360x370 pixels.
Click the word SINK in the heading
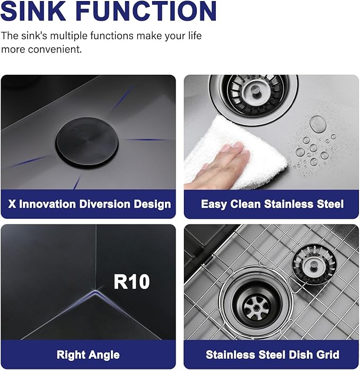[x=33, y=11]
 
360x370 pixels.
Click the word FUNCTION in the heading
[x=146, y=11]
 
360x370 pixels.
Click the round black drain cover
[x=87, y=142]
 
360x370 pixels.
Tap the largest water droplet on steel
[x=318, y=123]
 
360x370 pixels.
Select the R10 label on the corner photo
[x=131, y=281]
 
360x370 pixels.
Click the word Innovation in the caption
[x=47, y=204]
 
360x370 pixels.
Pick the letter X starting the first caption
[x=12, y=204]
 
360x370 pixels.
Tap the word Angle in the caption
[x=105, y=355]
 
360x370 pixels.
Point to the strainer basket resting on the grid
[x=314, y=264]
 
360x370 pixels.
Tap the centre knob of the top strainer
[x=254, y=90]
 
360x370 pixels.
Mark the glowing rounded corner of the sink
[x=95, y=294]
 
